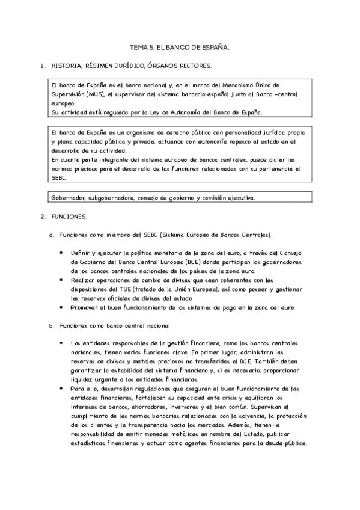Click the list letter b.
point(51,325)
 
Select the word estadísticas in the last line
point(91,444)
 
